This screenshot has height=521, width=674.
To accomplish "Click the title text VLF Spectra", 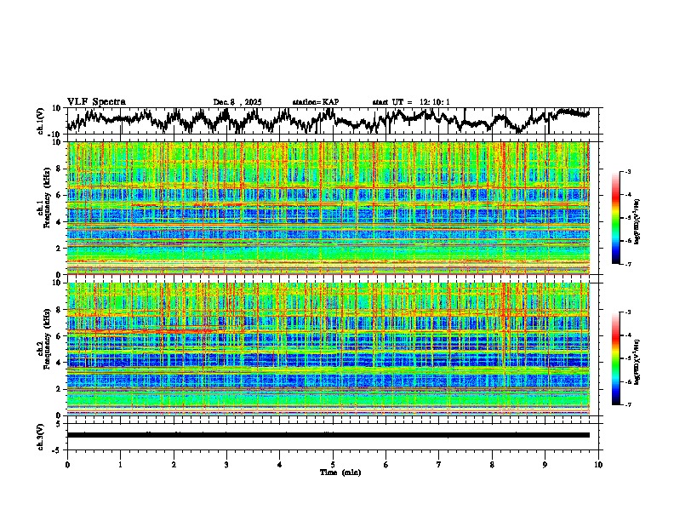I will coord(96,101).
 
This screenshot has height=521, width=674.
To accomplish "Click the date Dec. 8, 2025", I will coord(237,102).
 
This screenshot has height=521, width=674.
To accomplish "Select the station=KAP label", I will coord(315,102).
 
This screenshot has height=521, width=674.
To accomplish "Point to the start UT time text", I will coord(411,102).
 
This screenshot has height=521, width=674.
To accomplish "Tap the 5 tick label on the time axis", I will coord(333,464).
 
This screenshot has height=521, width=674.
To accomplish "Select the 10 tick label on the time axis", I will coord(598,464).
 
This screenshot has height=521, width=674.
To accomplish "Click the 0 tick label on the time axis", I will coord(67,464).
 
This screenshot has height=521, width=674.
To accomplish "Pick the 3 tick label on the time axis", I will coord(226,464).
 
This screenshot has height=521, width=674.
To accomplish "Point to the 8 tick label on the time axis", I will coord(492,464).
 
